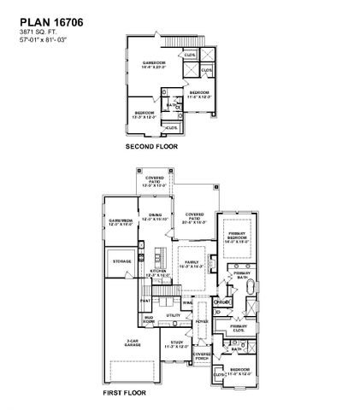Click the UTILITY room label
(x=174, y=315)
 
